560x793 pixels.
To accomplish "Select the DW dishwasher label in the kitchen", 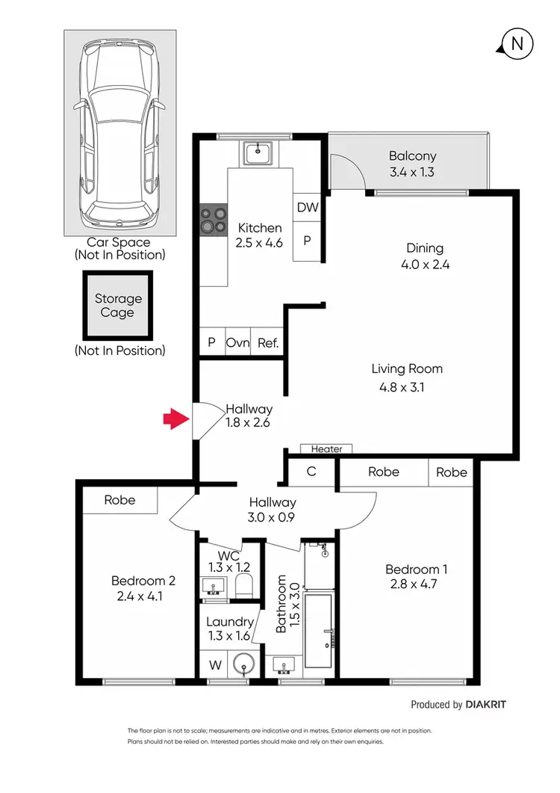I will pyautogui.click(x=307, y=209).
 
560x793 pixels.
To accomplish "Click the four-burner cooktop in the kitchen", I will pyautogui.click(x=213, y=220).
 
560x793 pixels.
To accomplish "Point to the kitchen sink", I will pyautogui.click(x=258, y=155).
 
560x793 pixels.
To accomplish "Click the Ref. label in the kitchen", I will pyautogui.click(x=268, y=343).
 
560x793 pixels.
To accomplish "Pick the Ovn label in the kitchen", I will pyautogui.click(x=237, y=343).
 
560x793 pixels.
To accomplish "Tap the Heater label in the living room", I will pyautogui.click(x=326, y=449).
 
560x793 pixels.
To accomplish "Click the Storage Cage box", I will pyautogui.click(x=117, y=306).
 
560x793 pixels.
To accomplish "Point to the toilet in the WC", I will pyautogui.click(x=246, y=585).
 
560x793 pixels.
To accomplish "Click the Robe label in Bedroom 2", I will pyautogui.click(x=119, y=500).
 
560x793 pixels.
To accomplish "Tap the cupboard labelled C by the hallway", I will pyautogui.click(x=311, y=472).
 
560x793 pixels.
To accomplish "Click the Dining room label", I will pyautogui.click(x=425, y=248).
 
